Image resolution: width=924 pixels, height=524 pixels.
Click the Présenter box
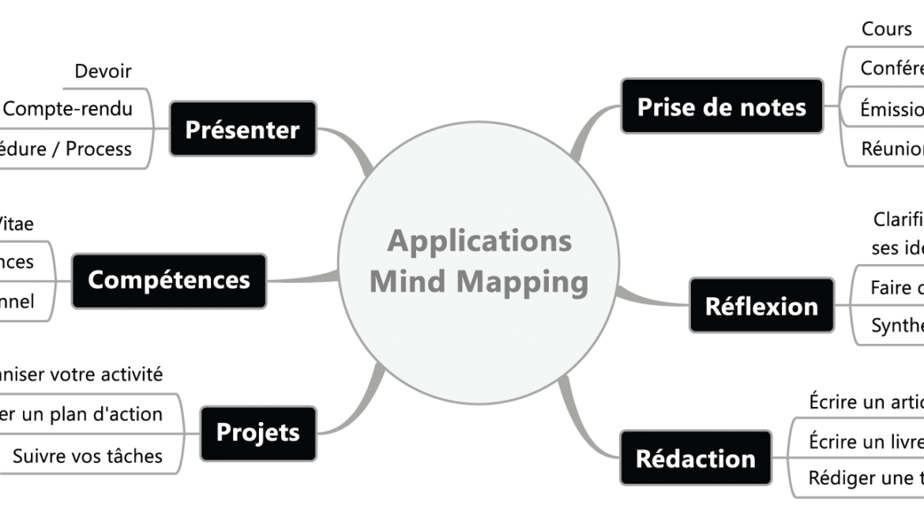(x=242, y=129)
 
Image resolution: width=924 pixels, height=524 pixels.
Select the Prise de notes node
(x=721, y=106)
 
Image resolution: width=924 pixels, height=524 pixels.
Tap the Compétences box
(x=169, y=280)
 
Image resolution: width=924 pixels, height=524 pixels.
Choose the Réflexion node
(x=761, y=305)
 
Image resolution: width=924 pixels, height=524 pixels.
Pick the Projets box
(x=258, y=432)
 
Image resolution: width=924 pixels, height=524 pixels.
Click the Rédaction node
(x=695, y=458)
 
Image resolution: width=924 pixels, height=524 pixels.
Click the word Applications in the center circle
(x=479, y=241)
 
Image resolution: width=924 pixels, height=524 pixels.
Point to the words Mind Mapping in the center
(x=479, y=281)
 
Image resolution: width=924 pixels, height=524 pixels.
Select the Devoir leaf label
(x=103, y=72)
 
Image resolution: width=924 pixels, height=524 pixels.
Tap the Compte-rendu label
(x=68, y=109)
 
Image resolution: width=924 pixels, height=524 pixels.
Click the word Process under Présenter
(x=99, y=149)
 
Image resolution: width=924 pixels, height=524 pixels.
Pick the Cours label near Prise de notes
(x=886, y=30)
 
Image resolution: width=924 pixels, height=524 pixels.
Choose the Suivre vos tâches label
(x=88, y=455)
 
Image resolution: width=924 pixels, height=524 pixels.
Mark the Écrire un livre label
(x=865, y=441)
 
